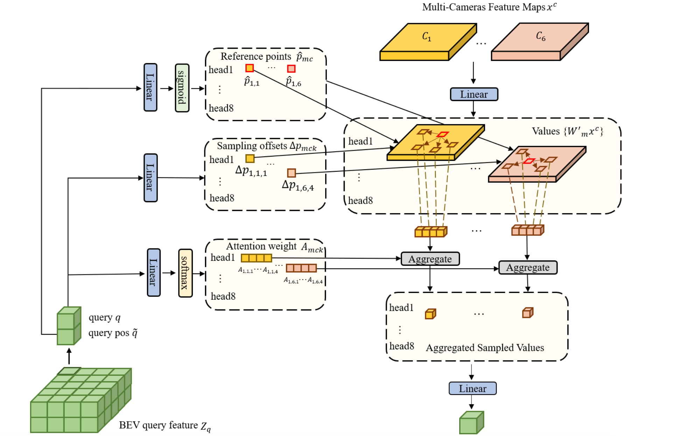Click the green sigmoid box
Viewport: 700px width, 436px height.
pyautogui.click(x=182, y=88)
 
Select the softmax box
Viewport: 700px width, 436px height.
pyautogui.click(x=185, y=273)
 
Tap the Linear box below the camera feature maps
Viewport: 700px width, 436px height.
pyautogui.click(x=474, y=94)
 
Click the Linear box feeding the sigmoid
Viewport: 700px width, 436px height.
pyautogui.click(x=150, y=87)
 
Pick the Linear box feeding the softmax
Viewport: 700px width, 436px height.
pyautogui.click(x=154, y=273)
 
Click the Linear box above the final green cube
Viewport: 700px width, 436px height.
pyautogui.click(x=472, y=388)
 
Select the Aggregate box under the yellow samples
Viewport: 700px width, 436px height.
pyautogui.click(x=430, y=259)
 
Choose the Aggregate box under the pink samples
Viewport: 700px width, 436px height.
pyautogui.click(x=528, y=267)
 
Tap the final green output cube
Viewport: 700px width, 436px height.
pyautogui.click(x=471, y=423)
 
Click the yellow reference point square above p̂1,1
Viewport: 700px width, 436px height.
pyautogui.click(x=250, y=68)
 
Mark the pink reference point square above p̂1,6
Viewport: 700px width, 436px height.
pyautogui.click(x=291, y=69)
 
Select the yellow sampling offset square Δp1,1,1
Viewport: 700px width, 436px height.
pyautogui.click(x=250, y=158)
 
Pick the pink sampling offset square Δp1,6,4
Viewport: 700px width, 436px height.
pyautogui.click(x=291, y=173)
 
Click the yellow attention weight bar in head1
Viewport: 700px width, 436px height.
pyautogui.click(x=256, y=258)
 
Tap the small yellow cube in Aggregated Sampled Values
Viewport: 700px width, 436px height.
pyautogui.click(x=430, y=314)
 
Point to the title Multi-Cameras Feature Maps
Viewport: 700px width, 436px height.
pyautogui.click(x=489, y=7)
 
